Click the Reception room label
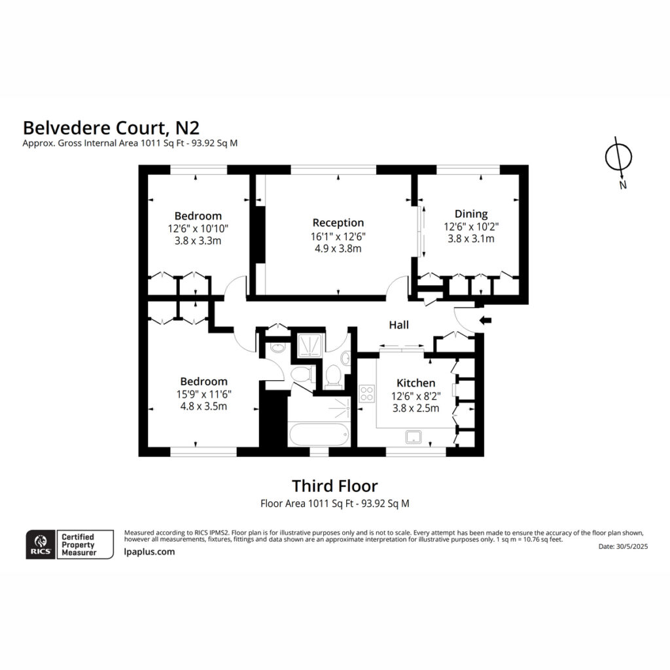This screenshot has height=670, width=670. coord(338,222)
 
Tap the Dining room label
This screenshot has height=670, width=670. coord(471,214)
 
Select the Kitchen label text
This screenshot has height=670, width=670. coord(415,383)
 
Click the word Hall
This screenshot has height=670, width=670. coord(398,325)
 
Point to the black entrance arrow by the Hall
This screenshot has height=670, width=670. coord(485,320)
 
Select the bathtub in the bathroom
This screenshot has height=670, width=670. coord(319,434)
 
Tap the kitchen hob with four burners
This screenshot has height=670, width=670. coord(366,393)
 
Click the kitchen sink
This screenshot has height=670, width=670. coord(414,437)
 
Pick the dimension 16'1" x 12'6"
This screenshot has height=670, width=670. coord(338,236)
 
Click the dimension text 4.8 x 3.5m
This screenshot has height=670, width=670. coord(204,406)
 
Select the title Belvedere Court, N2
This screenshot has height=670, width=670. coord(111,128)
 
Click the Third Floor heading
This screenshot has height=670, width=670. coord(335,486)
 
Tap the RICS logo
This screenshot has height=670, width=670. coord(41,544)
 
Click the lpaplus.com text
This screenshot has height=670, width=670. coord(150,552)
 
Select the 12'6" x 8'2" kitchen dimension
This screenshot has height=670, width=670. coord(415,396)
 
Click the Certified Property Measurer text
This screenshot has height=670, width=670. coord(79,544)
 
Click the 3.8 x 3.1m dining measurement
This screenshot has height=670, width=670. coord(471,239)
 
